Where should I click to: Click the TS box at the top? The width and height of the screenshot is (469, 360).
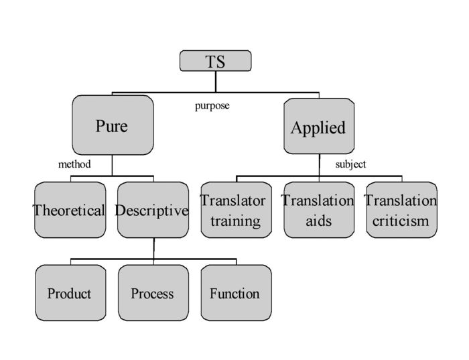215,61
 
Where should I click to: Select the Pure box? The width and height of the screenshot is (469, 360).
113,125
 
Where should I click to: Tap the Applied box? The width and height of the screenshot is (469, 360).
319,126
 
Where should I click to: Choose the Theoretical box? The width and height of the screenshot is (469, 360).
70,210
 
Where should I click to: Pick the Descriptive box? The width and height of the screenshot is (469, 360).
153,210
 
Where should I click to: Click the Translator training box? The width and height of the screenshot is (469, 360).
236,210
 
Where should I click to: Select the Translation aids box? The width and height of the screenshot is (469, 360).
319,210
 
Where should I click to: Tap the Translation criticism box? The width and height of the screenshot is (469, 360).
402,210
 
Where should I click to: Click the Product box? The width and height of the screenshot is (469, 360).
70,293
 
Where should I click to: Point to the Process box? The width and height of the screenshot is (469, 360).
153,293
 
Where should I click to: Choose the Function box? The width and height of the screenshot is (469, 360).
236,293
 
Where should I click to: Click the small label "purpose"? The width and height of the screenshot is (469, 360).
212,106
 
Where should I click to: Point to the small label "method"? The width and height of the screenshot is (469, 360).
74,164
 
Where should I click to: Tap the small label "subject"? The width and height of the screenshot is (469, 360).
350,164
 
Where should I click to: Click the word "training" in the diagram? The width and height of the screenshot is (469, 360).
235,221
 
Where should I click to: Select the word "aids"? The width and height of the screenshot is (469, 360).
318,221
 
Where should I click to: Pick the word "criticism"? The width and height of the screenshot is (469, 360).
401,221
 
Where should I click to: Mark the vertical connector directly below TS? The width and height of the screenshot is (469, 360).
215,82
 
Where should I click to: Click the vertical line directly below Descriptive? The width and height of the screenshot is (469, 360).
154,248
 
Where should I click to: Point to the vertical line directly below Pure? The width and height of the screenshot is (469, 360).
112,165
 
